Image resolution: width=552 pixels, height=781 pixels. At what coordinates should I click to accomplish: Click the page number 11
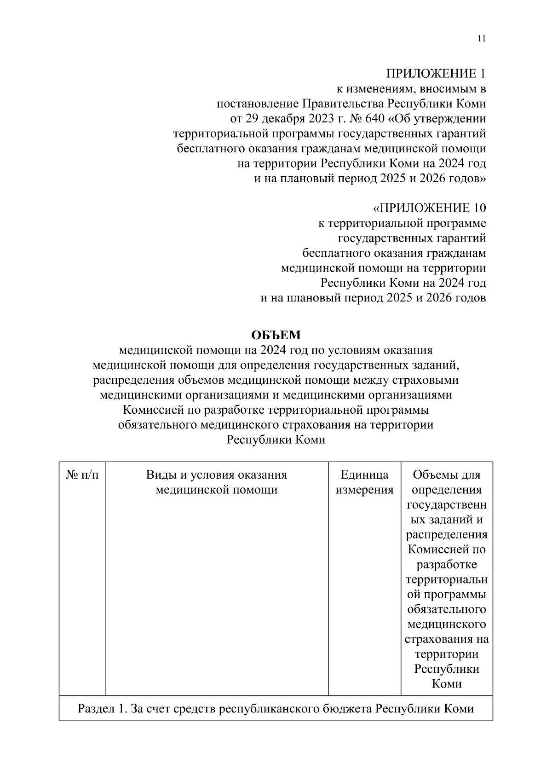pyautogui.click(x=482, y=39)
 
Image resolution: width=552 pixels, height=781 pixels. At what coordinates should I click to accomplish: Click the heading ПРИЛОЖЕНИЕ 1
pyautogui.click(x=435, y=74)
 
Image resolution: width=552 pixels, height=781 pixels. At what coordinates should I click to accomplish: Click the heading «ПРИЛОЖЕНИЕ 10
pyautogui.click(x=429, y=208)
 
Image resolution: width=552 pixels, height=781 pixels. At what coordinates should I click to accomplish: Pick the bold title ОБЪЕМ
pyautogui.click(x=276, y=335)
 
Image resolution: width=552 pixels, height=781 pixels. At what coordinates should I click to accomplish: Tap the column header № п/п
pyautogui.click(x=82, y=475)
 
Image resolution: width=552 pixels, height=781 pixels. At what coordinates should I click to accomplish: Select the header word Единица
pyautogui.click(x=364, y=475)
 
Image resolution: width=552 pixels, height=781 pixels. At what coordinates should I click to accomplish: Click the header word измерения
pyautogui.click(x=364, y=490)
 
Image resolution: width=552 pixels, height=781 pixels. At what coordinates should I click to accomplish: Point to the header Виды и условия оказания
pyautogui.click(x=216, y=475)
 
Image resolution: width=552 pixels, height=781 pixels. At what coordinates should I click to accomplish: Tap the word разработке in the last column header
pyautogui.click(x=447, y=565)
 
